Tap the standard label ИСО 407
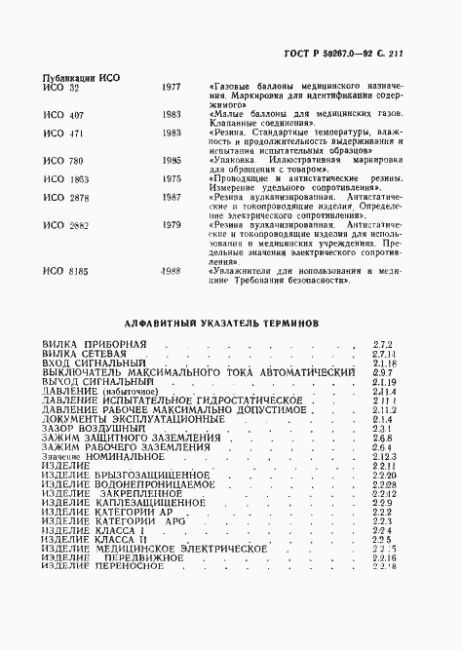[x=62, y=113]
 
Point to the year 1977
[x=171, y=87]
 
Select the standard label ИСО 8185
[x=65, y=269]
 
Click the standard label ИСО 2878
[x=65, y=196]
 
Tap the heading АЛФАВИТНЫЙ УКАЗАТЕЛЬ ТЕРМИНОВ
[x=229, y=321]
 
